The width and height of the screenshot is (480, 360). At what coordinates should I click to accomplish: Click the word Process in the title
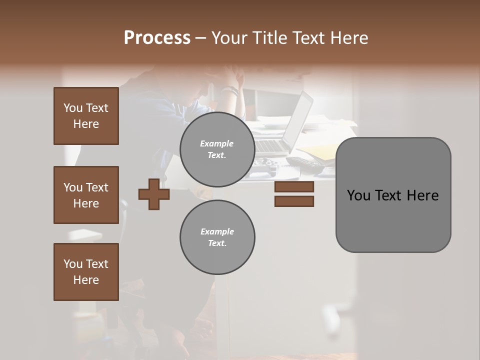[157, 38]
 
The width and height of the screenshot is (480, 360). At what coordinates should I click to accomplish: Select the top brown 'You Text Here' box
[86, 116]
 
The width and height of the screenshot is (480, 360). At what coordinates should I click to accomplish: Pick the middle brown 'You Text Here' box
[86, 195]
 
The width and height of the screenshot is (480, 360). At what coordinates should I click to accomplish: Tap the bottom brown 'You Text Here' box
[86, 272]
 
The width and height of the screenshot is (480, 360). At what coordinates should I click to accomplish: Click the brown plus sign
[154, 194]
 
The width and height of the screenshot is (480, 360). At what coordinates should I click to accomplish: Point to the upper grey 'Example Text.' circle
[217, 149]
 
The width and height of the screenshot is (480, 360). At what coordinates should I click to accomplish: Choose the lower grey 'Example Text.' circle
[217, 237]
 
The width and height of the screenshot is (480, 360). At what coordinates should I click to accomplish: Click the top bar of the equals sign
[294, 187]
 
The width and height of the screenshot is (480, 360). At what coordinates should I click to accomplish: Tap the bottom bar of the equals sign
[294, 201]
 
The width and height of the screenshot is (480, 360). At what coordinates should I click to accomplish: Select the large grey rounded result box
[393, 195]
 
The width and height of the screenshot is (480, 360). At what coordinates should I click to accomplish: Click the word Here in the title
[349, 38]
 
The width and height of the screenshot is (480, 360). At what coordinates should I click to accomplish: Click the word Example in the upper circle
[217, 143]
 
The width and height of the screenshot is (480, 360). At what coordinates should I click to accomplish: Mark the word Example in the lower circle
[217, 231]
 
